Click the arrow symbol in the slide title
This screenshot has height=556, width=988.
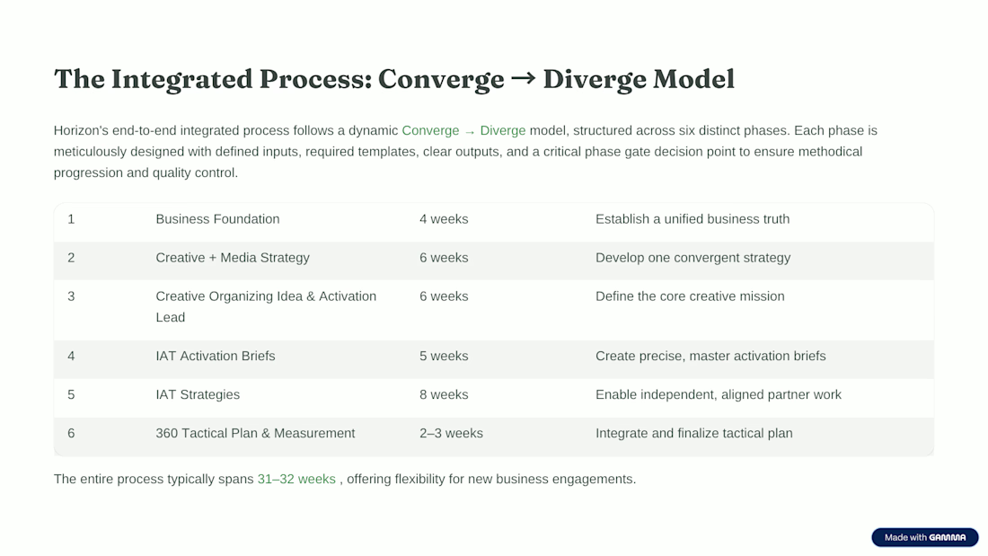click(523, 78)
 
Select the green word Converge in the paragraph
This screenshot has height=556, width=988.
click(430, 130)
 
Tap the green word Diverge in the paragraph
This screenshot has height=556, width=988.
click(503, 130)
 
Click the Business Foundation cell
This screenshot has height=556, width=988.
click(217, 219)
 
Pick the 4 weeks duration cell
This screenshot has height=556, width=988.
click(444, 219)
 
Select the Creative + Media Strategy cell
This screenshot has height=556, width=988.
click(233, 258)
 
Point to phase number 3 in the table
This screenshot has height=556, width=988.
click(71, 296)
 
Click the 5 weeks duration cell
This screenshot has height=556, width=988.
click(444, 357)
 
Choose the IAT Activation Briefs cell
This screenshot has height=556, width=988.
click(216, 357)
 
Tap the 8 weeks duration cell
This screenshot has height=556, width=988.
click(444, 394)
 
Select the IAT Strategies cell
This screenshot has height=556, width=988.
click(198, 394)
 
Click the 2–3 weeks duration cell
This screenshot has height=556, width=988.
click(451, 433)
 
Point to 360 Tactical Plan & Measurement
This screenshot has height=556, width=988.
click(255, 433)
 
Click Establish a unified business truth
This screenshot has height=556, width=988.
click(692, 219)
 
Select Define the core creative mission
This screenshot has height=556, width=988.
click(690, 296)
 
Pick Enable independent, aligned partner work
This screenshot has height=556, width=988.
click(719, 394)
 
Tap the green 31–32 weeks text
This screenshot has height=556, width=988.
click(296, 479)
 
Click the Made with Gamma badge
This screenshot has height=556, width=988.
click(925, 537)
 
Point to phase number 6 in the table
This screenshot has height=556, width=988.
click(71, 433)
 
